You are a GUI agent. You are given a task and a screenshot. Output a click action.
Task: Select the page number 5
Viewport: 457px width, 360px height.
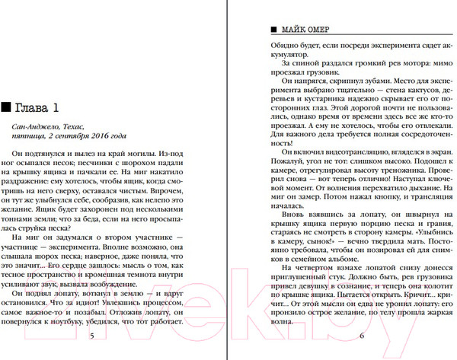[x=92, y=336]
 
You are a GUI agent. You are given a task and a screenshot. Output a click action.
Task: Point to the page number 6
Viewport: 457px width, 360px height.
[x=363, y=336]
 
